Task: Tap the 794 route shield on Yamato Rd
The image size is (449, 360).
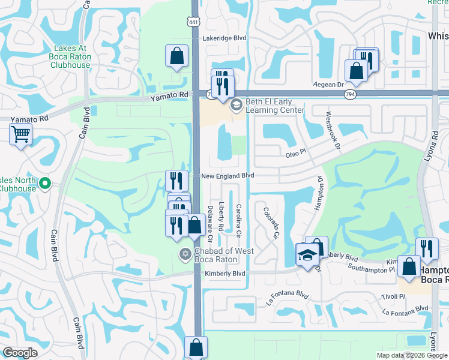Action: click(349, 95)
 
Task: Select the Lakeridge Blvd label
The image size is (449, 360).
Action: click(225, 38)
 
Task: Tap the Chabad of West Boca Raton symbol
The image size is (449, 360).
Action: click(185, 255)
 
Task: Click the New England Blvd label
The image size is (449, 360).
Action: click(228, 175)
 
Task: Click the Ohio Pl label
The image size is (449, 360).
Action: click(296, 154)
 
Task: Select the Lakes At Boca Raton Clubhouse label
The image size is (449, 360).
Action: click(71, 56)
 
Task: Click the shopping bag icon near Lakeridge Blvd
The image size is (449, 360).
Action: click(177, 56)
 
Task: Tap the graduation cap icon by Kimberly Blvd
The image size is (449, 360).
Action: click(308, 256)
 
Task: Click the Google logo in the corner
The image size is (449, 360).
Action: click(20, 353)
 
